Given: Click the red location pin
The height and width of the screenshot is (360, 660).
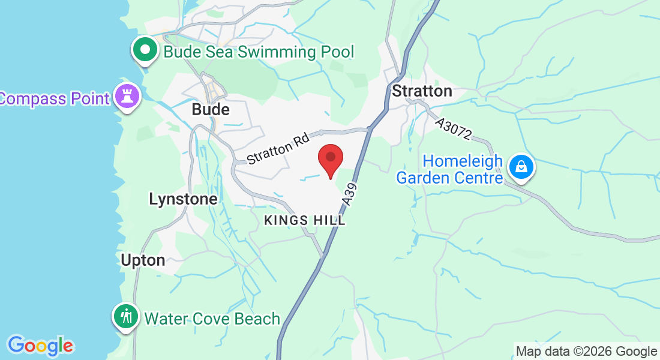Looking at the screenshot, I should [330, 159].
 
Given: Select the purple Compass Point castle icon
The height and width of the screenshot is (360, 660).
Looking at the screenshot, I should [127, 97].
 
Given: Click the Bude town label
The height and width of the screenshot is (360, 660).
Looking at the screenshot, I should [211, 110].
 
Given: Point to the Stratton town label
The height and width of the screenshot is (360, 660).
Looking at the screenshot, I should [422, 91].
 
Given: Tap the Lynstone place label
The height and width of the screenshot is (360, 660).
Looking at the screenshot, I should [183, 199].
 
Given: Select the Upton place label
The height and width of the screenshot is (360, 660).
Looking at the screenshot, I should [143, 260].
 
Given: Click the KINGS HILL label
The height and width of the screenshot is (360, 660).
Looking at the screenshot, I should [305, 221].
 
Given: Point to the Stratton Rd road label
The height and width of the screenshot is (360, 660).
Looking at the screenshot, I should [278, 149].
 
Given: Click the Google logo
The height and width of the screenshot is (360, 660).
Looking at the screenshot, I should [40, 346].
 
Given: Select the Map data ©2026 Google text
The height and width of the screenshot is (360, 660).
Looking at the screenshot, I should [586, 352].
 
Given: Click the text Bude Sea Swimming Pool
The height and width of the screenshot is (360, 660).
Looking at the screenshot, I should [259, 52].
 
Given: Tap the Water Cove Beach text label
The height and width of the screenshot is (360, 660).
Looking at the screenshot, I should [212, 319].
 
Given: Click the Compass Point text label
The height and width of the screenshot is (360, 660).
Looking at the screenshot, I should [54, 98].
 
